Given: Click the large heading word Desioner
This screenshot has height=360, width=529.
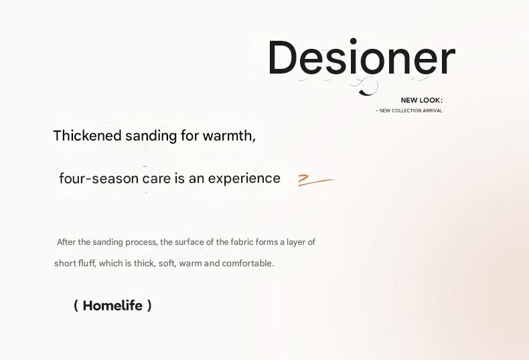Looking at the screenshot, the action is [x=362, y=57].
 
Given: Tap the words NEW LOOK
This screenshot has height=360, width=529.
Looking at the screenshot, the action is [x=421, y=100].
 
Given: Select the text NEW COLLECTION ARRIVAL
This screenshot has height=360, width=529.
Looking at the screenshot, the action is [x=410, y=110].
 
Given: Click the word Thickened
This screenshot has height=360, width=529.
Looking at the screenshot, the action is [x=87, y=136].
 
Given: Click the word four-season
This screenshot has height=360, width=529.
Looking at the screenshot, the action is [x=99, y=178].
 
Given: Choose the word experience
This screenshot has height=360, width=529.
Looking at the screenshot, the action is [x=244, y=179].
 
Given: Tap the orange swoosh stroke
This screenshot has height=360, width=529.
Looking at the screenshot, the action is [x=316, y=181].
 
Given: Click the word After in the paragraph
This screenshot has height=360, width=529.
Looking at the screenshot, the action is [x=66, y=242].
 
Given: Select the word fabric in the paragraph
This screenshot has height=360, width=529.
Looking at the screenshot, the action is [x=242, y=242].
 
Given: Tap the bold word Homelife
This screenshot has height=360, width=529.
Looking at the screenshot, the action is [x=112, y=306].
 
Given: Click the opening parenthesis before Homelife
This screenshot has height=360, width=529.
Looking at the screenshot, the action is [x=76, y=306].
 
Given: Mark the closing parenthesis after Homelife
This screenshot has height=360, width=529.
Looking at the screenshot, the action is [x=149, y=306].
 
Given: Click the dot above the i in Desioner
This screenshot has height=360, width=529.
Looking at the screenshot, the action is [x=354, y=41].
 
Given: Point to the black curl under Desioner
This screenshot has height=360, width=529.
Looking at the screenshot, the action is [x=367, y=87].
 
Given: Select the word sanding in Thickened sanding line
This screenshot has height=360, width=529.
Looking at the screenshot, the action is [x=151, y=136].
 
